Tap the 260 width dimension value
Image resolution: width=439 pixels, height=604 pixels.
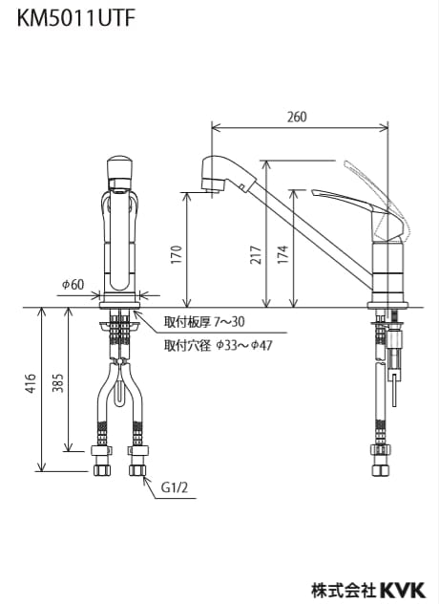[x=297, y=117]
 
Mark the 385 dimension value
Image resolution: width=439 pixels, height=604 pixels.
[x=57, y=384]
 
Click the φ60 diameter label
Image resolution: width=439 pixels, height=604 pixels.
[x=73, y=285]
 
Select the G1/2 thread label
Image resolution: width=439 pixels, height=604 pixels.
[x=173, y=488]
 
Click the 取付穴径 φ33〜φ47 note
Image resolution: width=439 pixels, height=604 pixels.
[x=218, y=344]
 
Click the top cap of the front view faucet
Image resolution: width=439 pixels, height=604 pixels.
[x=119, y=169]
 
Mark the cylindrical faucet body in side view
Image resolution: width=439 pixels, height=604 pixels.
[x=388, y=272]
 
